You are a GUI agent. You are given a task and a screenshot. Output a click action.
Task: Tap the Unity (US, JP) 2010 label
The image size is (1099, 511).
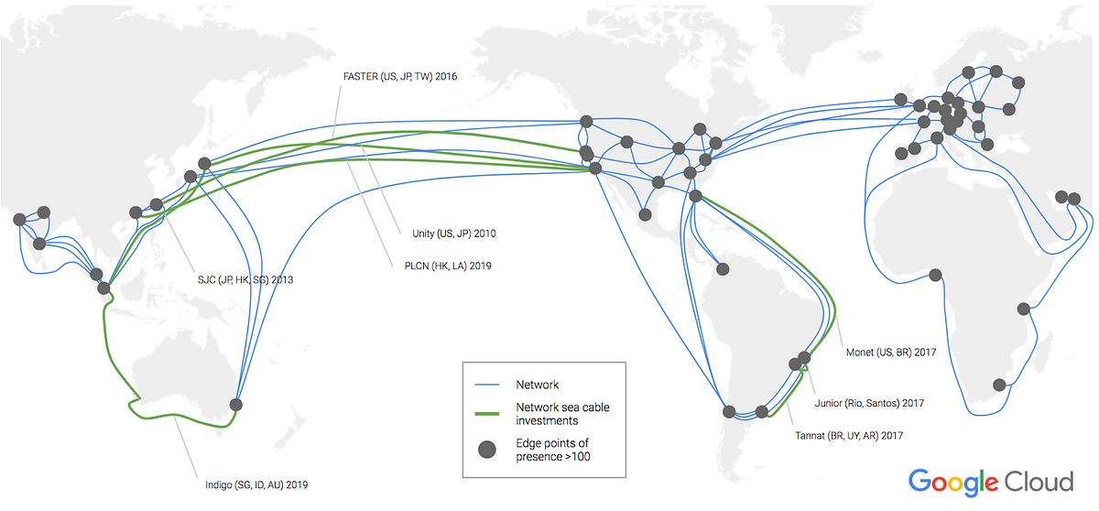(454, 234)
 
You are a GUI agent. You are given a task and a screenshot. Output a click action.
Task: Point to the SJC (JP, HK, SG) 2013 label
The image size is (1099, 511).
(245, 278)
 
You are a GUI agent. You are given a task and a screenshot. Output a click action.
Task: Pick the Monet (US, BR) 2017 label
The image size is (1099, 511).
(886, 351)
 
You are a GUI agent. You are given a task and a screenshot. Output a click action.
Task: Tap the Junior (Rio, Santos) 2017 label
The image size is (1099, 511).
(869, 402)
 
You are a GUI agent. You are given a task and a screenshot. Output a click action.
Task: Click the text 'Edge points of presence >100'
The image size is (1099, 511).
(555, 449)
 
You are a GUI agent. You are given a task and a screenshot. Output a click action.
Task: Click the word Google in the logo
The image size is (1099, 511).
(954, 483)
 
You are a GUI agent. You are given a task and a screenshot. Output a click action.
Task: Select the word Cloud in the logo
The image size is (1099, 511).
(1039, 482)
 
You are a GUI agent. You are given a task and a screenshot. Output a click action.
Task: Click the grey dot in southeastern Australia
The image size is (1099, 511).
(236, 404)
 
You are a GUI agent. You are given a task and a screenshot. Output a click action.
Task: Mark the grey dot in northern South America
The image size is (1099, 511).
(723, 268)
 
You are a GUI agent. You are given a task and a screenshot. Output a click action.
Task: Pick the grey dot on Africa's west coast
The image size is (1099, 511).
(935, 274)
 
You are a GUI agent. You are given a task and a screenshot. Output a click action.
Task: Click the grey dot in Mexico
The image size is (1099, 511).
(645, 214)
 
